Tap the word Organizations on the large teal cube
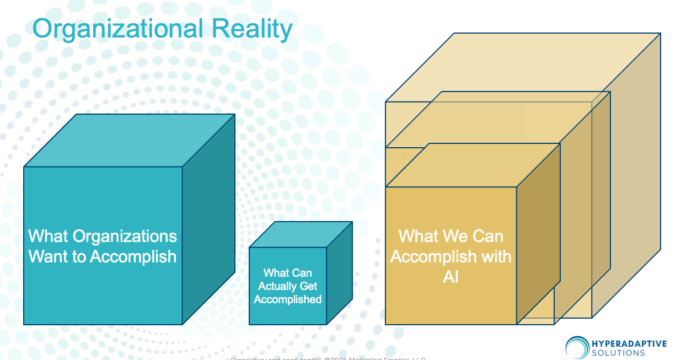(125, 237)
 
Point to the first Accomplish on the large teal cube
(133, 256)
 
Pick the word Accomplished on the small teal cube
(288, 299)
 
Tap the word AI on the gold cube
(451, 277)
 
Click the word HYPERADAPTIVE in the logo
(629, 344)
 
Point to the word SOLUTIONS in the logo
(618, 353)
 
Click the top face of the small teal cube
(301, 234)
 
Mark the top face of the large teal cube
(130, 141)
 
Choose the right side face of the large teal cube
(208, 221)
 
